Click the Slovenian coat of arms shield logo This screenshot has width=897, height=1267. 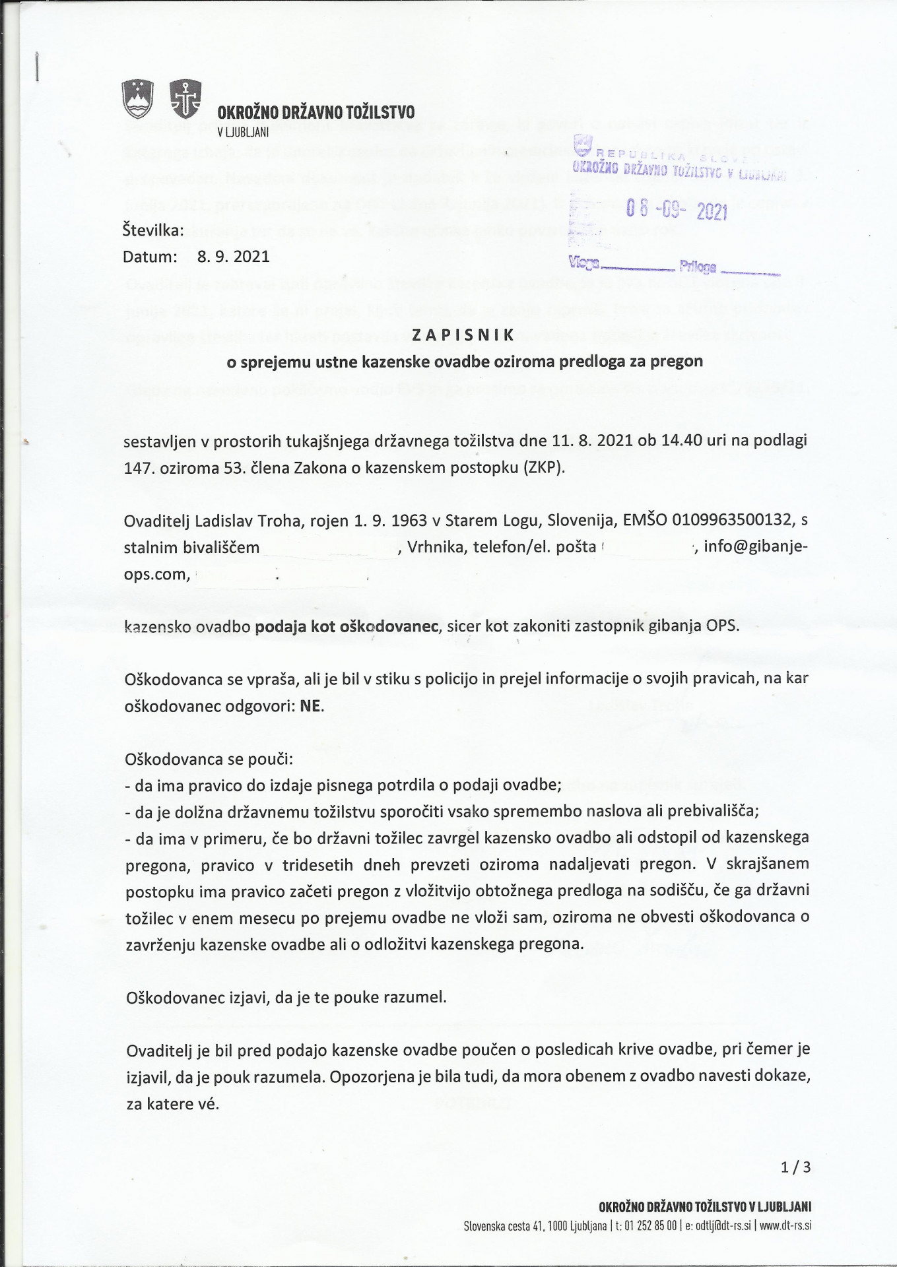click(138, 99)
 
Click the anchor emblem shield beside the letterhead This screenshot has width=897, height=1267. click(185, 99)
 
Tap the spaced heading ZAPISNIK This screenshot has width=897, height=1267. click(462, 335)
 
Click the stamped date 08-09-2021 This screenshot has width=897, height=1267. click(676, 211)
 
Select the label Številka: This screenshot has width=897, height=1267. click(153, 230)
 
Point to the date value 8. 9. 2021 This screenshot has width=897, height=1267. click(234, 257)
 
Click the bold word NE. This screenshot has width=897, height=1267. click(311, 705)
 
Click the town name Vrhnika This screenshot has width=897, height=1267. click(434, 547)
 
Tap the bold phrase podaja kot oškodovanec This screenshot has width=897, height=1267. click(347, 626)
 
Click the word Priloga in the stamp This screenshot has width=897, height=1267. click(697, 267)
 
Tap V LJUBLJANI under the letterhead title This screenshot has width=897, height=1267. click(243, 131)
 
